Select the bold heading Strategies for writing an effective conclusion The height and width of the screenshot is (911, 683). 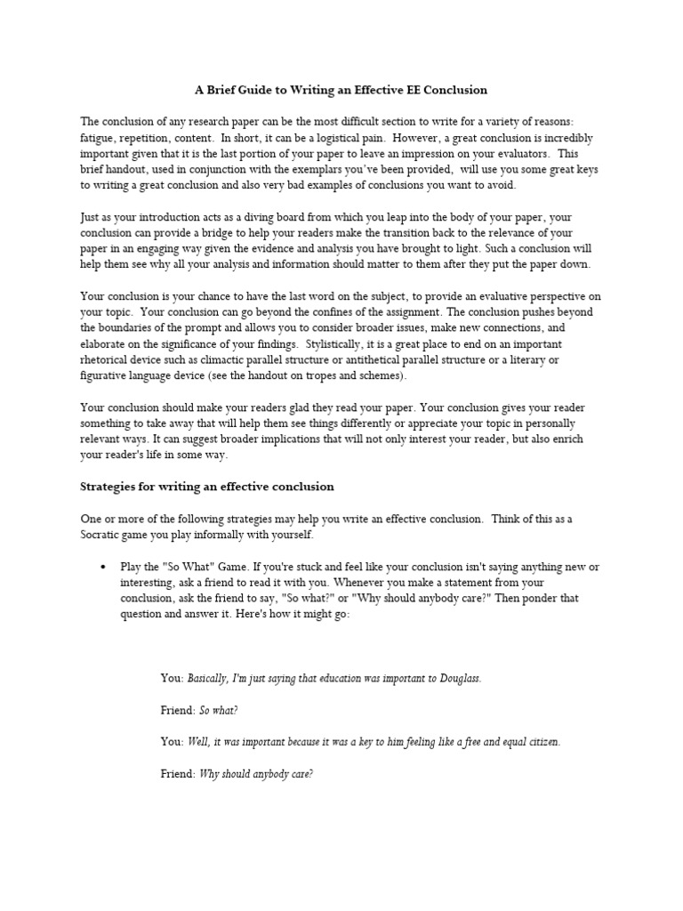207,487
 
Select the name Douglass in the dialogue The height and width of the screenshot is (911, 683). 458,678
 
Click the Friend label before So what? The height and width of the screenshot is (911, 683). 177,710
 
